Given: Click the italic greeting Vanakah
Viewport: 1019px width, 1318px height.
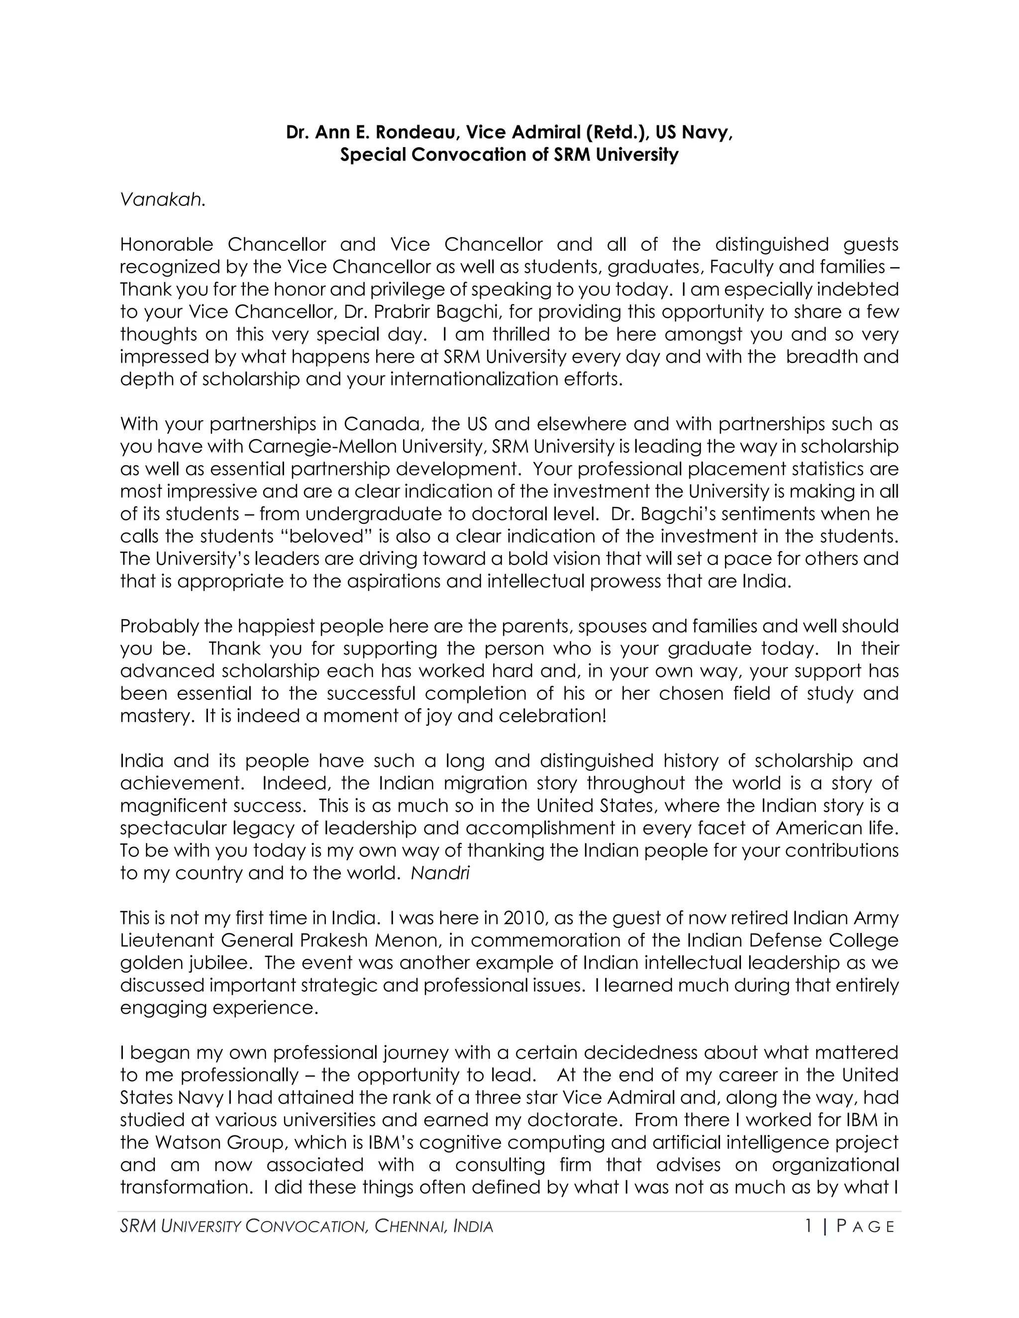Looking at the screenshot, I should click(x=162, y=200).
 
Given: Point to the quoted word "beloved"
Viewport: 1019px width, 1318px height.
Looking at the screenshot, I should click(x=328, y=536).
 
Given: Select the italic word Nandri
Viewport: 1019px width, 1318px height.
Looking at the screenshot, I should click(x=440, y=873).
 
